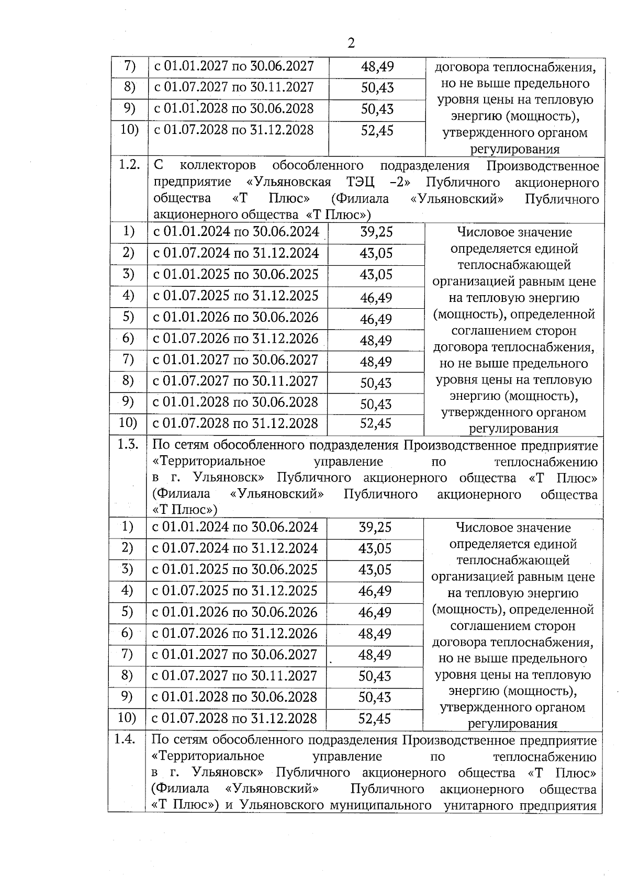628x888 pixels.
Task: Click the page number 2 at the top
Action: (x=351, y=43)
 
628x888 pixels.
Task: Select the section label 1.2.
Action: (x=129, y=165)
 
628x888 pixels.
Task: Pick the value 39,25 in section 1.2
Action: (x=376, y=232)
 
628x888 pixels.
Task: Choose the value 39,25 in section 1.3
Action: (x=375, y=527)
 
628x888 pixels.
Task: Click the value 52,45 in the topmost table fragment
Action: (x=377, y=131)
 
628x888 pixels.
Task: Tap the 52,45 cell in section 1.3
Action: (x=375, y=718)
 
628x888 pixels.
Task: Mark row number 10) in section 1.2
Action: (x=128, y=423)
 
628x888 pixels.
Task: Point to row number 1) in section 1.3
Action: (x=127, y=526)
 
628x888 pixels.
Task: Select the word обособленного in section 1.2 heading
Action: (x=318, y=166)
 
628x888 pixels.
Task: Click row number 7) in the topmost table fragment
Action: (x=129, y=66)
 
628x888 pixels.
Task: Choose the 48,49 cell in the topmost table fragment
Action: (x=377, y=67)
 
